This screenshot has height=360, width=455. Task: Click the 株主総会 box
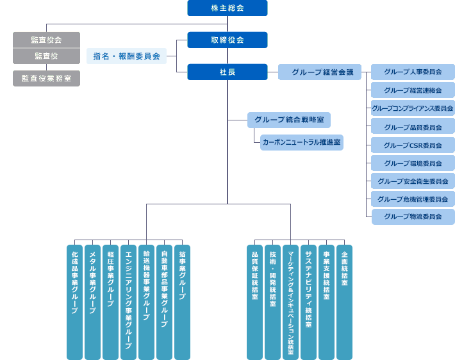pyautogui.click(x=227, y=8)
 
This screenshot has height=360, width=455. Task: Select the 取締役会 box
pyautogui.click(x=227, y=40)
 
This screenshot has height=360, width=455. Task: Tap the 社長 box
pyautogui.click(x=227, y=72)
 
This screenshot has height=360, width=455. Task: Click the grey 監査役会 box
pyautogui.click(x=46, y=40)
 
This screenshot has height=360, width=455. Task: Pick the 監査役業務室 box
pyautogui.click(x=46, y=78)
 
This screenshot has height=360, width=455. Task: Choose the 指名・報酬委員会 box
pyautogui.click(x=126, y=56)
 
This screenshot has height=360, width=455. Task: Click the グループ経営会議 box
pyautogui.click(x=319, y=72)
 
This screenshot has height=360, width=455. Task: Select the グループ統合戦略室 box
pyautogui.click(x=288, y=120)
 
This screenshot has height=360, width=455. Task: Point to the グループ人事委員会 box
pyautogui.click(x=413, y=72)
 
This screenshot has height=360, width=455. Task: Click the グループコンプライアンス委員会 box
pyautogui.click(x=413, y=108)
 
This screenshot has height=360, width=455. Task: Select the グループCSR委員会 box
pyautogui.click(x=413, y=145)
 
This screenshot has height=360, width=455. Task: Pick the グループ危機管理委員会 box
pyautogui.click(x=413, y=199)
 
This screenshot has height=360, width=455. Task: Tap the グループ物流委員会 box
pyautogui.click(x=413, y=217)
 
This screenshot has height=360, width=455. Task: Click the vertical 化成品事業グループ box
pyautogui.click(x=75, y=301)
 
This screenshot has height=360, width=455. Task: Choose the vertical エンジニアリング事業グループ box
pyautogui.click(x=129, y=301)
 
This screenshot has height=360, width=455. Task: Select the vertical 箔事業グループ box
pyautogui.click(x=183, y=301)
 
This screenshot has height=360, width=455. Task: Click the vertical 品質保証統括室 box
pyautogui.click(x=254, y=301)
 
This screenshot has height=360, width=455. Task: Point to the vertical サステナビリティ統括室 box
pyautogui.click(x=308, y=301)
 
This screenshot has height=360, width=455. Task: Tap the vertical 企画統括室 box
pyautogui.click(x=344, y=301)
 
